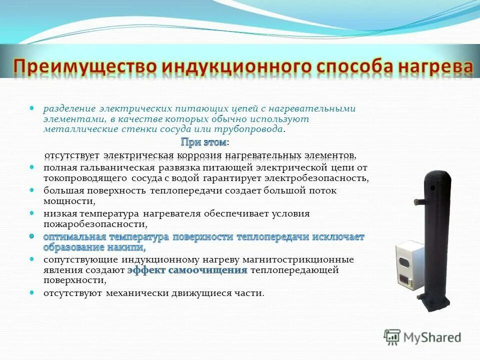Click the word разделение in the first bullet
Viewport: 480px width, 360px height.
coord(68,108)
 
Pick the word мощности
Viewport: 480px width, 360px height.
coord(68,201)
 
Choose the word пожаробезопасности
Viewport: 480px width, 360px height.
coord(94,224)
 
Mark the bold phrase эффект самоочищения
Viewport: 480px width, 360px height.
coord(187,270)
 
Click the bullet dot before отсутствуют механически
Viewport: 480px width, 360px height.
coord(32,292)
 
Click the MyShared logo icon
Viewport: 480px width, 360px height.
coord(392,337)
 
